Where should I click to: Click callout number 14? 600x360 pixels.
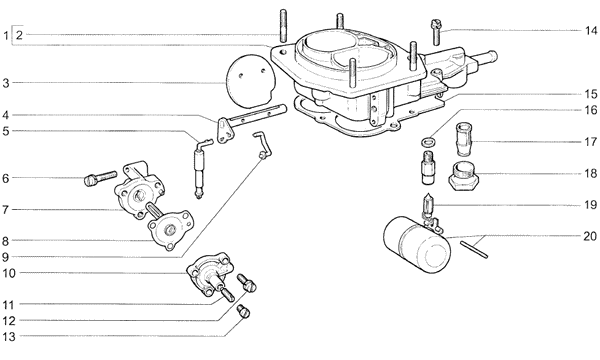pyautogui.click(x=590, y=31)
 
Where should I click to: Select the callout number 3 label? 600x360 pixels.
pyautogui.click(x=6, y=83)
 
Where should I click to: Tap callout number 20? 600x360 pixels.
pyautogui.click(x=590, y=236)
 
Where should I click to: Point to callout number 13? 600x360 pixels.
pyautogui.click(x=9, y=337)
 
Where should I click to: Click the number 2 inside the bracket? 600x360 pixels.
pyautogui.click(x=20, y=35)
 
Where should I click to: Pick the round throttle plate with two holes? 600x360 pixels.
pyautogui.click(x=249, y=81)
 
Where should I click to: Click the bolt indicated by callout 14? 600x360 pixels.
pyautogui.click(x=436, y=32)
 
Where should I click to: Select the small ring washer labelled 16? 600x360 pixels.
pyautogui.click(x=428, y=142)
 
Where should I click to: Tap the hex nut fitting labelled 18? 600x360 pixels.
pyautogui.click(x=463, y=176)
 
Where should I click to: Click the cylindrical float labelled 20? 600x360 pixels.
pyautogui.click(x=417, y=245)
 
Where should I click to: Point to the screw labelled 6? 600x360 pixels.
pyautogui.click(x=100, y=178)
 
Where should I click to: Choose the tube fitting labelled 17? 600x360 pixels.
pyautogui.click(x=464, y=139)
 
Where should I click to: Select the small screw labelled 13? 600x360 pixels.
pyautogui.click(x=243, y=311)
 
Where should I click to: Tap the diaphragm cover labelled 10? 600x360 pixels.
pyautogui.click(x=209, y=274)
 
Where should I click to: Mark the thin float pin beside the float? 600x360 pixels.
pyautogui.click(x=474, y=249)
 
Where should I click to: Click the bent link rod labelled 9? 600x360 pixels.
pyautogui.click(x=263, y=145)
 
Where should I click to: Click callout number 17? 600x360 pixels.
pyautogui.click(x=590, y=142)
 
